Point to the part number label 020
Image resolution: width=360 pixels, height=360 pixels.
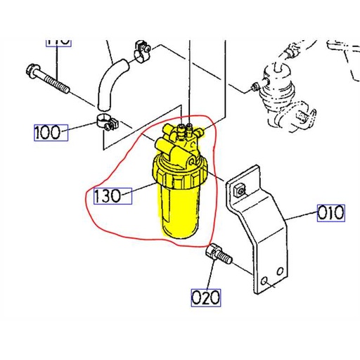click(206, 297)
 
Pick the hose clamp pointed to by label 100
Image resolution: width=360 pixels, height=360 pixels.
click(105, 122)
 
